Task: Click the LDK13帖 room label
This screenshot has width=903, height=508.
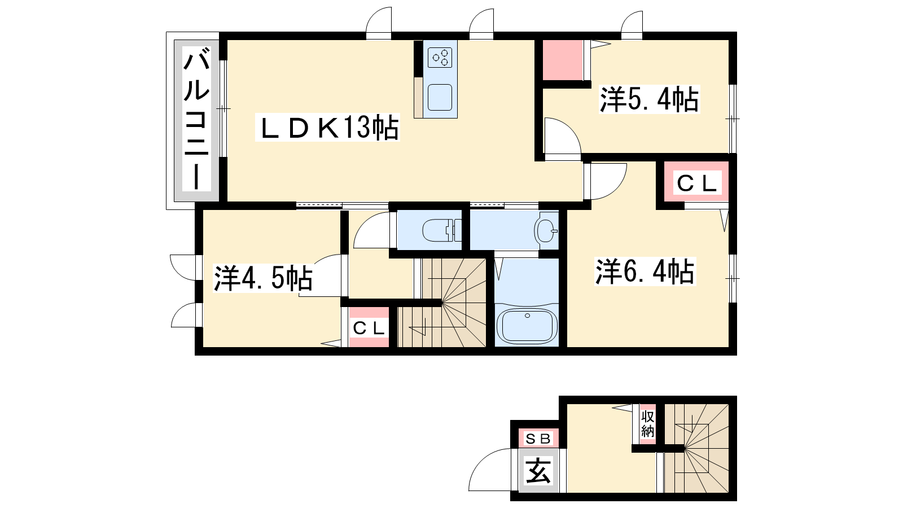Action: coord(327,128)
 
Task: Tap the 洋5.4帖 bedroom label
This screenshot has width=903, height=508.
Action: coord(649,99)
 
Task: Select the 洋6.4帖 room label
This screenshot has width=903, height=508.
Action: coord(645,271)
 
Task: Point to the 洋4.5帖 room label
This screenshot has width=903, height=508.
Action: coord(263,278)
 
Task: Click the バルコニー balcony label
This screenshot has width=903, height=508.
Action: coord(197,119)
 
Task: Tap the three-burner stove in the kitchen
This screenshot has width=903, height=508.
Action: coord(440,57)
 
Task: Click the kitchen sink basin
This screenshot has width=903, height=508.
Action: coord(440,97)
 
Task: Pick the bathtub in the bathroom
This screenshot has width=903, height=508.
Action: coord(527,325)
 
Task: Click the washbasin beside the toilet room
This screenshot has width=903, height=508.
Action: coord(546,231)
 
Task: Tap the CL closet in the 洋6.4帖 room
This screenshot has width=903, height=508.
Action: coord(696,183)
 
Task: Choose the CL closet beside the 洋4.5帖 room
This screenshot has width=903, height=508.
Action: coord(369,327)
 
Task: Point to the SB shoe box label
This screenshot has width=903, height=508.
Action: coord(538,439)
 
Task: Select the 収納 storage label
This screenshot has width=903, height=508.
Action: coord(647,423)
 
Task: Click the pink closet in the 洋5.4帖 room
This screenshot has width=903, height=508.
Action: coord(563,60)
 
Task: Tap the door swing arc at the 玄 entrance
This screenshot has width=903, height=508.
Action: coord(484,459)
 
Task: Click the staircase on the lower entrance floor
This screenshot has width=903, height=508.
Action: coord(696,448)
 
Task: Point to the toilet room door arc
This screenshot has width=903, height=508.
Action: coord(365,224)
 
